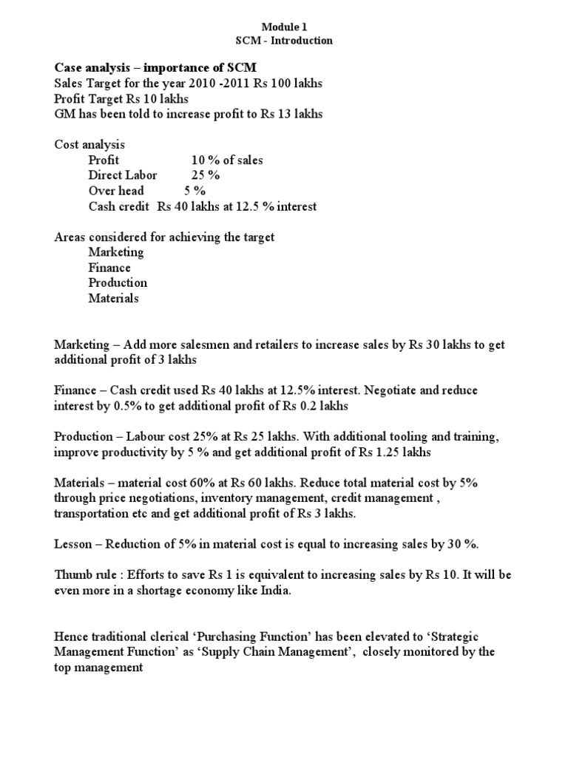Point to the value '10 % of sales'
coord(227,160)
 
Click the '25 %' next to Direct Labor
coord(205,175)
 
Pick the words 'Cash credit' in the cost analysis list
coord(118,206)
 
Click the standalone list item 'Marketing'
coord(116,252)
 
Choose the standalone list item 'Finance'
coord(109,268)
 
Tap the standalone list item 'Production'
coord(118,282)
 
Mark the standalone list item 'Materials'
coord(113,299)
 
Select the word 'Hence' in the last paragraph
coord(72,637)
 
